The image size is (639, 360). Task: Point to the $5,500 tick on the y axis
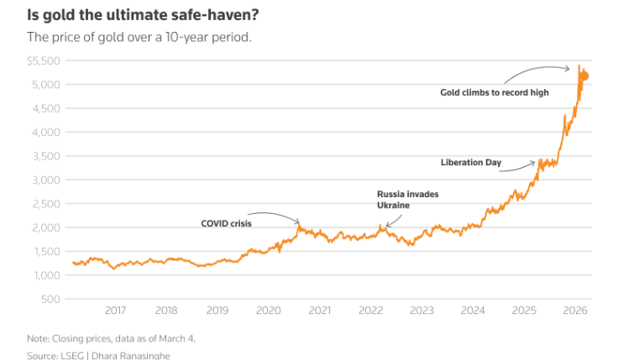click(45, 61)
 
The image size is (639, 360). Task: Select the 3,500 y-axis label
click(47, 156)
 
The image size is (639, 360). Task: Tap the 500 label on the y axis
click(53, 299)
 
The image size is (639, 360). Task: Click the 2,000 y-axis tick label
click(47, 227)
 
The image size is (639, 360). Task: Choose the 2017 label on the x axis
click(115, 310)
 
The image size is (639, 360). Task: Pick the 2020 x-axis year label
click(269, 310)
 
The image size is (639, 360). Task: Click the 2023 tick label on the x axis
click(422, 310)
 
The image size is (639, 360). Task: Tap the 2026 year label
click(575, 310)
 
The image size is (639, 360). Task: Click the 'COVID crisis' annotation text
click(226, 223)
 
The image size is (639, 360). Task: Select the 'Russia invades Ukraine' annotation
click(407, 199)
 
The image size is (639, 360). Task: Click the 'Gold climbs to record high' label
click(495, 92)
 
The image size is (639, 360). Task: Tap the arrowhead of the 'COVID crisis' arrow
click(298, 222)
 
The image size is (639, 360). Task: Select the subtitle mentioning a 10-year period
click(139, 37)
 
